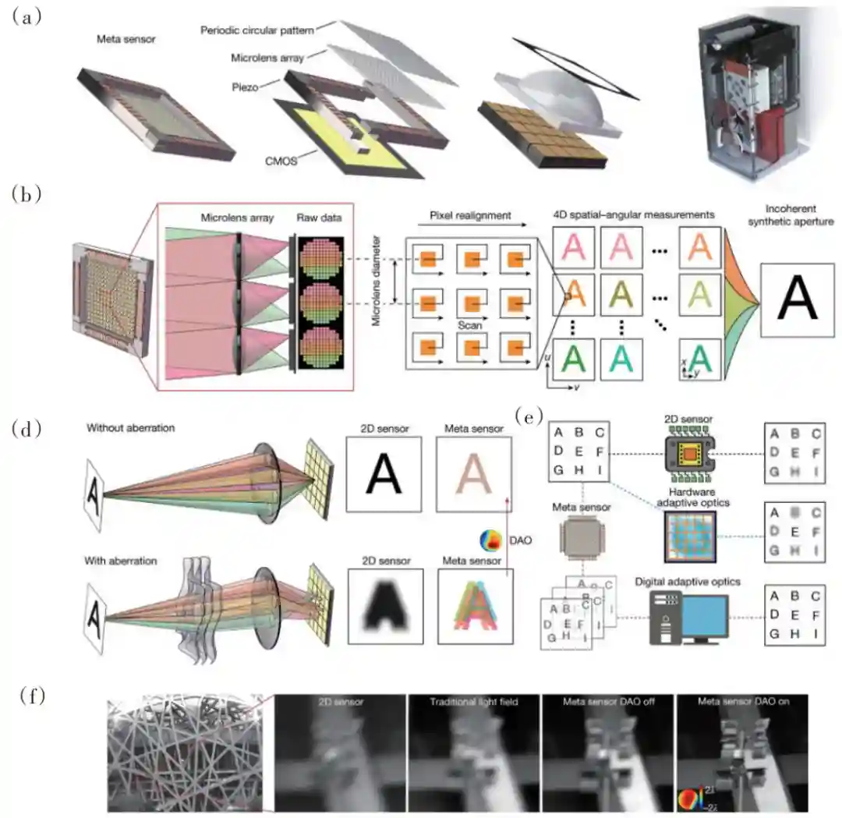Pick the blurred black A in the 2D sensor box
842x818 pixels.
coord(385,605)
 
